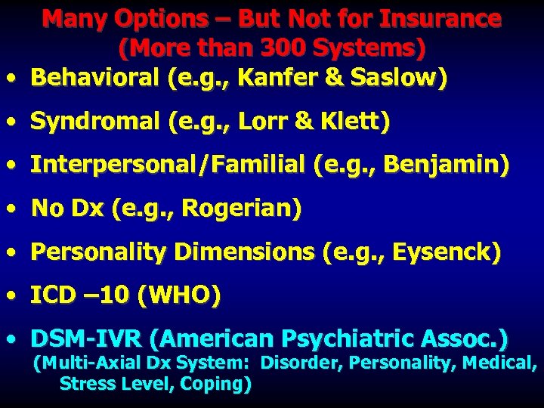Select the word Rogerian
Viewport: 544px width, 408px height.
pos(246,209)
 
